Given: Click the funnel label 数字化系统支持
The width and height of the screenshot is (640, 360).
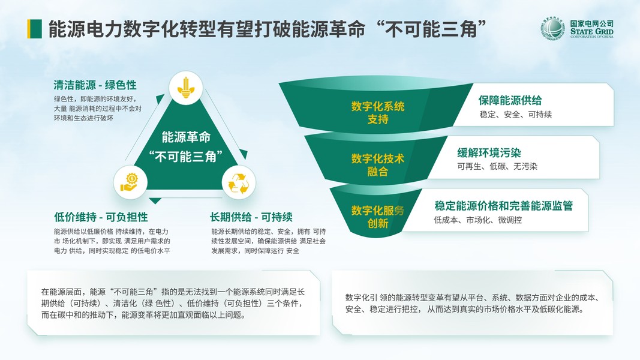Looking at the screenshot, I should click(378, 113).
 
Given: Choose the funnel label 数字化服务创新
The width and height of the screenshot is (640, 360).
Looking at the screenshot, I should click(378, 217).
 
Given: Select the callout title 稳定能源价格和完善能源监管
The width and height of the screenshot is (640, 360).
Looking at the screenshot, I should click(503, 206).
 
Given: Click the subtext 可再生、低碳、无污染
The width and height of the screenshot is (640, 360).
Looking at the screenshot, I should click(497, 167).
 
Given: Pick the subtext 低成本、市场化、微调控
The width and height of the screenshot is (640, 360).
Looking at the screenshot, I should click(477, 220).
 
